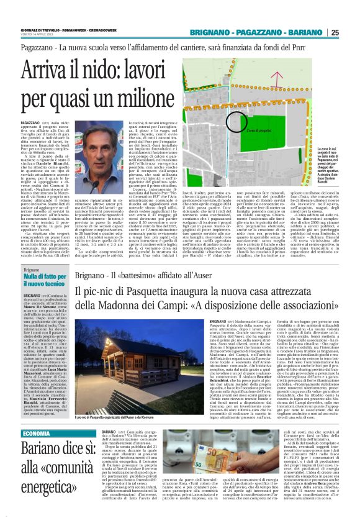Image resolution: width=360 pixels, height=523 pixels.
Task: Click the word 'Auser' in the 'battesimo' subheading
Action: pos(214,276)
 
